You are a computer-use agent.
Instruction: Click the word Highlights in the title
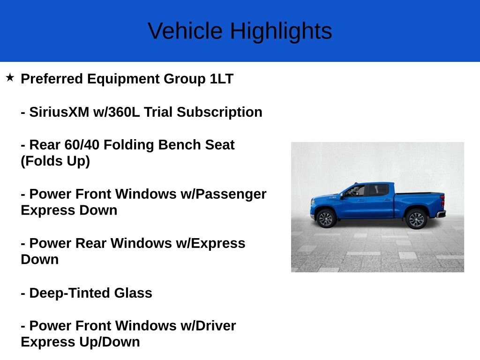[x=281, y=31]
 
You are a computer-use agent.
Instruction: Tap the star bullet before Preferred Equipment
[x=10, y=77]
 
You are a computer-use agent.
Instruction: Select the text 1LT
[x=221, y=79]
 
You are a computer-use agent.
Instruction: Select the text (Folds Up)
[x=55, y=161]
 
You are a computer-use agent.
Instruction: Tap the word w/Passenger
[x=224, y=194]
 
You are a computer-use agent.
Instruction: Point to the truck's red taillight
[x=442, y=201]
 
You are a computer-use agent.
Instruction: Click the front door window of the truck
[x=355, y=191]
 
